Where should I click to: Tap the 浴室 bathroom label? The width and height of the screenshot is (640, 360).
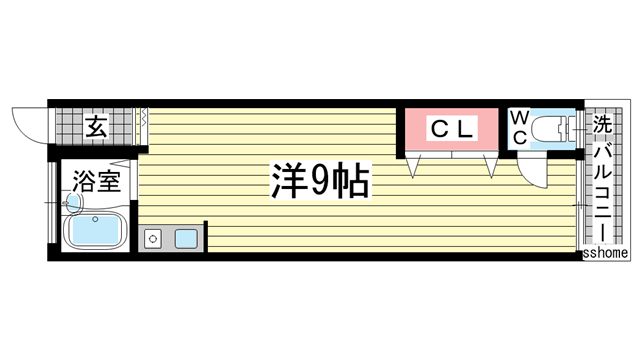(x=96, y=183)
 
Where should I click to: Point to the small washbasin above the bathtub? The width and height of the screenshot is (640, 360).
(x=73, y=202)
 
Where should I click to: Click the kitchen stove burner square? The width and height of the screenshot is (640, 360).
(x=153, y=238)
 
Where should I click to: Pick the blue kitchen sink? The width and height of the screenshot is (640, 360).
(x=186, y=238)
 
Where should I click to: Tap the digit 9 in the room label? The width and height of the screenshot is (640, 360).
(x=319, y=181)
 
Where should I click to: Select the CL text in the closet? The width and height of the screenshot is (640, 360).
(x=451, y=128)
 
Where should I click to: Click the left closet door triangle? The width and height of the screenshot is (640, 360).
(x=413, y=165)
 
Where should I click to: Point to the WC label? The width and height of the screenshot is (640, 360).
(x=520, y=127)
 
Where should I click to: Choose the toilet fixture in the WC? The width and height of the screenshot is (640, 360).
(x=555, y=129)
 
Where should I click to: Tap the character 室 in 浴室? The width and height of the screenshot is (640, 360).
(x=109, y=183)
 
